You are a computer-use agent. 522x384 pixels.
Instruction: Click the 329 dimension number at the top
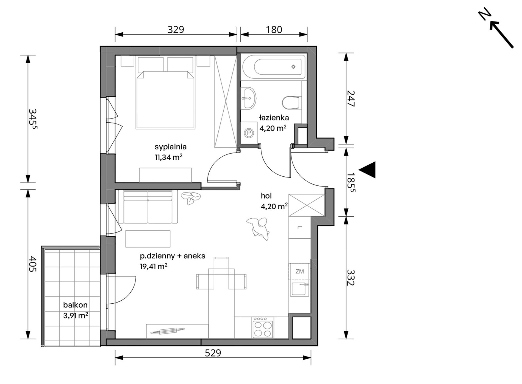176,30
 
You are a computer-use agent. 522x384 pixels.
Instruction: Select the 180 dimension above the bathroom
274,30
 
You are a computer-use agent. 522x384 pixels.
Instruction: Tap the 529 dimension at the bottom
213,353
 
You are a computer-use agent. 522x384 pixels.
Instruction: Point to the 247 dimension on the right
351,99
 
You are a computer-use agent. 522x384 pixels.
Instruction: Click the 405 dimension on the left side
33,264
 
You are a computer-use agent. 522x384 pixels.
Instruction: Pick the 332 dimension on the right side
351,278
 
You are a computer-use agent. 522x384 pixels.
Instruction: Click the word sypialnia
170,147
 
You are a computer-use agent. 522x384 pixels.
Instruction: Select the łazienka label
274,118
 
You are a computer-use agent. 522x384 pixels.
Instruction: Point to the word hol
266,196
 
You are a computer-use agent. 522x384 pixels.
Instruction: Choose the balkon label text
75,305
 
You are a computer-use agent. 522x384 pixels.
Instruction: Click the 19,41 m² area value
154,267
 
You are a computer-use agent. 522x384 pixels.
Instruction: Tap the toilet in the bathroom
290,103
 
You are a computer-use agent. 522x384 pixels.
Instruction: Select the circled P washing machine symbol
249,133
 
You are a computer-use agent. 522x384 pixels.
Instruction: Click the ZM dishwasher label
299,272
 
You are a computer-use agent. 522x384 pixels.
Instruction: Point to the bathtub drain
293,67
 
